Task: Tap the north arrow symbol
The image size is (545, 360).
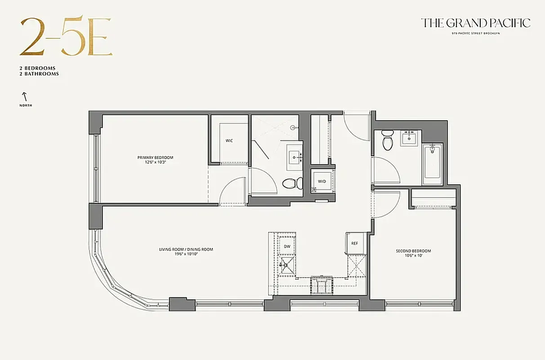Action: [25, 96]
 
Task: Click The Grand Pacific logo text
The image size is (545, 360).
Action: [475, 23]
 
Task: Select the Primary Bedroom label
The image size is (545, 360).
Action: [155, 157]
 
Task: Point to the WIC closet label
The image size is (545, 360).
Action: [229, 141]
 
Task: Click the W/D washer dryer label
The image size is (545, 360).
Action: [322, 181]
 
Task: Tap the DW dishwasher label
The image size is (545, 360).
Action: [287, 246]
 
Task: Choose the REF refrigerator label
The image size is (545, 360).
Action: [354, 243]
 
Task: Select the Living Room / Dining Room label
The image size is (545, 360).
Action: [186, 249]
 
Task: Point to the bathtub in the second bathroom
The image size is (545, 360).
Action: [432, 164]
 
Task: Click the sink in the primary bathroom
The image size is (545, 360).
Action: [295, 157]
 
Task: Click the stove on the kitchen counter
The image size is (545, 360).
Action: [322, 285]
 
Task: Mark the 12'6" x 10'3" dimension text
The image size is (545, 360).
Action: [155, 162]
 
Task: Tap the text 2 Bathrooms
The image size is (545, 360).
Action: [39, 73]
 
